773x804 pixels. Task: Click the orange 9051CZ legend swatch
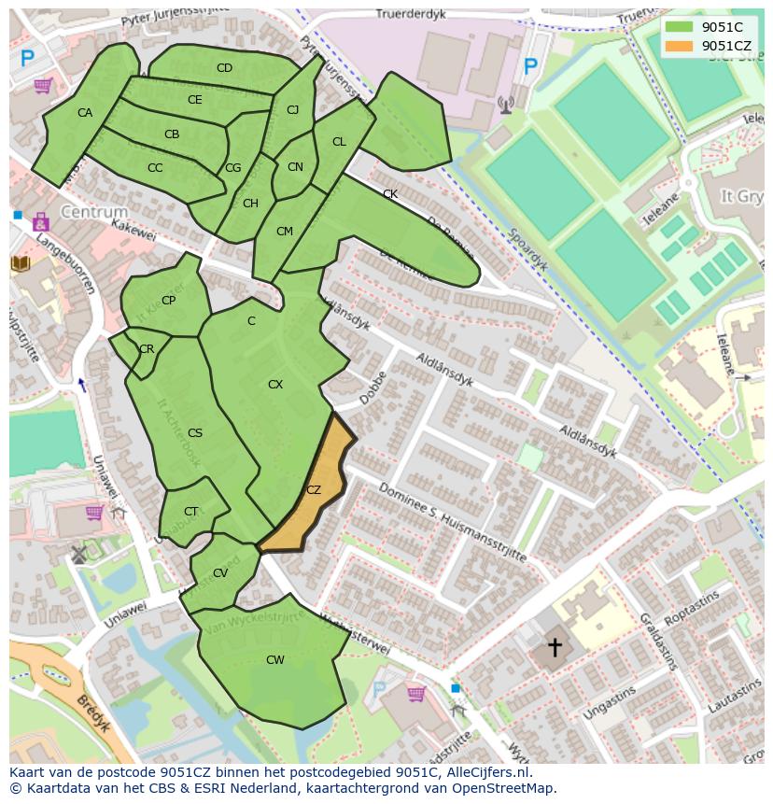tap(679, 46)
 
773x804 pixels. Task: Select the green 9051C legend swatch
tap(679, 27)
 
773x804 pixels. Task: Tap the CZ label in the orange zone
tap(314, 489)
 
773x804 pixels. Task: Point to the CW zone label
tap(274, 660)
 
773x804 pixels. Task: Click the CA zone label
tap(85, 113)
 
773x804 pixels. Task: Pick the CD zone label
tap(224, 68)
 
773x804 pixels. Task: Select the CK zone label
tap(390, 194)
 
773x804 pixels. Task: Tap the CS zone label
tap(195, 432)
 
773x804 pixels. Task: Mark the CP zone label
tap(168, 301)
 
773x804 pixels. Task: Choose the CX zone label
tap(275, 385)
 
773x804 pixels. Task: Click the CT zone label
tap(190, 511)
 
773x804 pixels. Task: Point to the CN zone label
tap(295, 167)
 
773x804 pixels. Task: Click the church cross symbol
tap(555, 646)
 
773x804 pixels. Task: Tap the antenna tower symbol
tap(506, 104)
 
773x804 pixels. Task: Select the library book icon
tap(21, 263)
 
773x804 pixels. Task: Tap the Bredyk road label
tap(94, 713)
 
